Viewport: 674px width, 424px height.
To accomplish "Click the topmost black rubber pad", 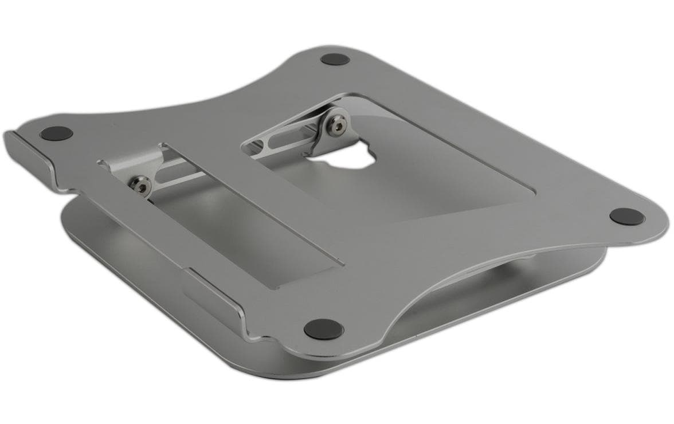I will click(x=335, y=58).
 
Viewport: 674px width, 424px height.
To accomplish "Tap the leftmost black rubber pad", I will click(x=56, y=134).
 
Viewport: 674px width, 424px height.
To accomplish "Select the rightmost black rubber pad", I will click(x=626, y=216).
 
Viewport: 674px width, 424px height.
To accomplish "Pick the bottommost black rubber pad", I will click(x=323, y=329).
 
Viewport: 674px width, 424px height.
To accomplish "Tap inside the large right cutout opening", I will click(x=436, y=172).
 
